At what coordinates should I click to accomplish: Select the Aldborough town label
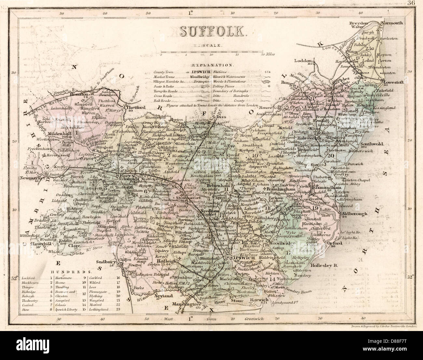click(x=354, y=214)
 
